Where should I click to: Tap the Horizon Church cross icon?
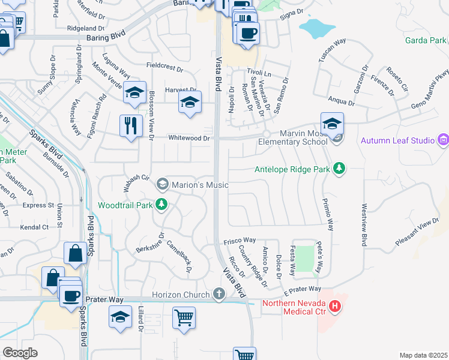coord(220,294)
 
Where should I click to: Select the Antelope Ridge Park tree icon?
coord(340,169)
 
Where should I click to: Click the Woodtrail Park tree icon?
coord(161,205)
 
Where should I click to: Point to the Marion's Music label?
coord(200,185)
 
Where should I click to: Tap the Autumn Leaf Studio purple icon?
coord(443,140)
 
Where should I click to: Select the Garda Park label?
coord(426,40)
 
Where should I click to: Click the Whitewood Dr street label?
coord(188,138)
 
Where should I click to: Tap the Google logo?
coord(20,353)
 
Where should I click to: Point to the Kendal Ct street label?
coord(34,227)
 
